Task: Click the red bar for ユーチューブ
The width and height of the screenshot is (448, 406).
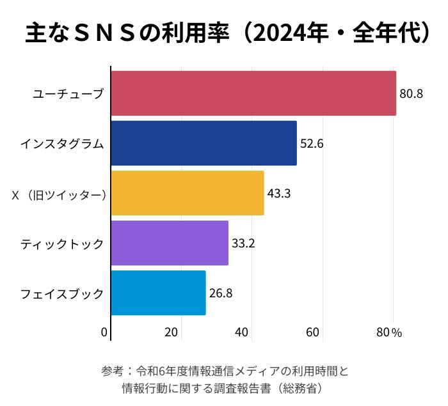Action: click(253, 93)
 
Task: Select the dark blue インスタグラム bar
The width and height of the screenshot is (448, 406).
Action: click(204, 143)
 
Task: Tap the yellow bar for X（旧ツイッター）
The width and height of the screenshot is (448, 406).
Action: click(188, 193)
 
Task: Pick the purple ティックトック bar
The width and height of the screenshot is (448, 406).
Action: click(170, 243)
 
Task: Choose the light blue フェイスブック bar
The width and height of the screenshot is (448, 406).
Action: click(158, 293)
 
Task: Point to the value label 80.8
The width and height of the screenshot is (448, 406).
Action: click(412, 94)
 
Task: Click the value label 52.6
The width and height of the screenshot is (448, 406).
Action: click(312, 144)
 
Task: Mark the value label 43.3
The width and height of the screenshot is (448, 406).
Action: click(279, 193)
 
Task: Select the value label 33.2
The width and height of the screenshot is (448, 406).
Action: click(243, 243)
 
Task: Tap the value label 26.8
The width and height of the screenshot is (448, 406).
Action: click(221, 293)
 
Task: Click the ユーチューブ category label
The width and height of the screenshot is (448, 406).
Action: click(68, 94)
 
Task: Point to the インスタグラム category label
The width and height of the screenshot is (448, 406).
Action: click(61, 144)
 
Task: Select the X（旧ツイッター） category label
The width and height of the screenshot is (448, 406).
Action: click(59, 194)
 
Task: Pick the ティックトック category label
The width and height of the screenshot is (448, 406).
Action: click(61, 244)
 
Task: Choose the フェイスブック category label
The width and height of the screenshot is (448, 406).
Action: click(61, 293)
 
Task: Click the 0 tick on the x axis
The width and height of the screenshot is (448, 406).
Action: click(104, 332)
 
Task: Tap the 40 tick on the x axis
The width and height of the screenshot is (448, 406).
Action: click(242, 332)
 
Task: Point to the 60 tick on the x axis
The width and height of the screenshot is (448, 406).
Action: click(313, 332)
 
